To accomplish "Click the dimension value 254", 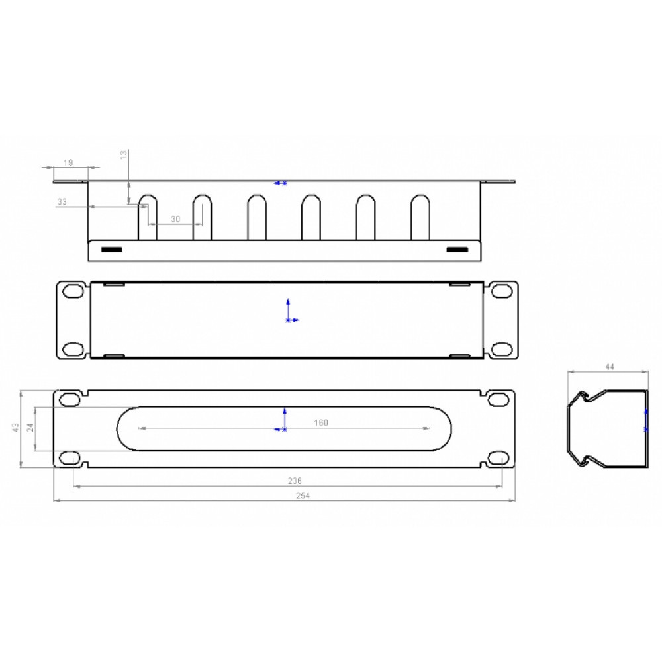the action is tap(303, 496).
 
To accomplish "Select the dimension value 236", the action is tap(295, 481).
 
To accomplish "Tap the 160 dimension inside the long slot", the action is tap(321, 422).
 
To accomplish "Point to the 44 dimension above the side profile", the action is tap(610, 367).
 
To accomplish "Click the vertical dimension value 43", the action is tap(16, 427).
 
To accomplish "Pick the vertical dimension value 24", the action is tap(30, 428).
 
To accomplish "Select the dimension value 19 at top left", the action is tap(68, 162).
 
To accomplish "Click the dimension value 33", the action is tap(62, 201).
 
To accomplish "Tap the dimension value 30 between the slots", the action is tap(175, 219).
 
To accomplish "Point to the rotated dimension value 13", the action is tap(124, 154).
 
